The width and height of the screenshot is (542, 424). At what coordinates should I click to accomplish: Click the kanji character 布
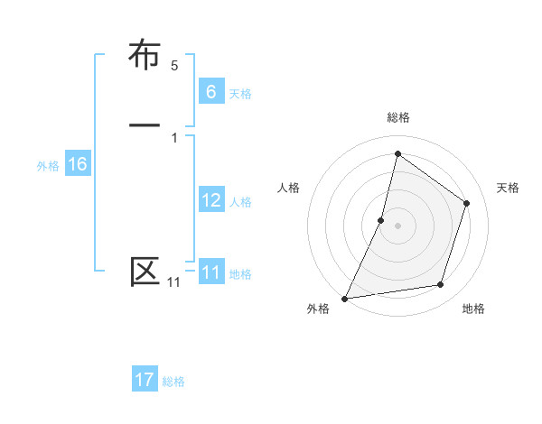coord(145,56)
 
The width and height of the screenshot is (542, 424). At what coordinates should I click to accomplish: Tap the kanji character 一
coord(145,124)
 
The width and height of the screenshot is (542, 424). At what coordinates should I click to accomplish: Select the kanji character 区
coord(145,271)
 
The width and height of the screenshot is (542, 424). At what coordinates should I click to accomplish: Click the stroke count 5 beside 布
coord(174,66)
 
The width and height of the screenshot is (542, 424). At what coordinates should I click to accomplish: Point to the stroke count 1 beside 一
coord(174,137)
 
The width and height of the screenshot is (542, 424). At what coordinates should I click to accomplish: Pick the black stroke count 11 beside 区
coord(173,282)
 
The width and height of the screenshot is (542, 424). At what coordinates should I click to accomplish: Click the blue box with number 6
coord(210,92)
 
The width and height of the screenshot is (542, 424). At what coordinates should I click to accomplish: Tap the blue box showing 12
coord(210,200)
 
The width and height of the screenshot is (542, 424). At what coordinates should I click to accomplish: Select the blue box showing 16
coord(77,164)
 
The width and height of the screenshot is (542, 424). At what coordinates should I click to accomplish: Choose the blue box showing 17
coord(145,380)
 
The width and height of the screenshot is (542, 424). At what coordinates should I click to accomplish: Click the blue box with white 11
coord(210,272)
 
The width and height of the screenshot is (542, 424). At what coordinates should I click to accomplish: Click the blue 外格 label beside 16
coord(48,166)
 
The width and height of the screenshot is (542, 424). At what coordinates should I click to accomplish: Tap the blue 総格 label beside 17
coord(173,383)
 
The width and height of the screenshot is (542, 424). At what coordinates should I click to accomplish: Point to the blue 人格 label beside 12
coord(240,202)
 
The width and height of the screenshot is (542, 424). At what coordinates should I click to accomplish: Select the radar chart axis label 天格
coord(509,188)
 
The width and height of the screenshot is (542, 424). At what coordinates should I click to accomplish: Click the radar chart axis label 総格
coord(397,117)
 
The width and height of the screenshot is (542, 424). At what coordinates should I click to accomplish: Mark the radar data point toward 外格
coord(344,299)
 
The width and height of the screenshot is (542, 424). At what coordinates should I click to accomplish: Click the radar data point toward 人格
coord(381,220)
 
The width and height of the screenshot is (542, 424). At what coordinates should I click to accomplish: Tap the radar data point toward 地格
coord(441,285)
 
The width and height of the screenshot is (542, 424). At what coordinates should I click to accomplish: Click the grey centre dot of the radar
coord(397,226)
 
